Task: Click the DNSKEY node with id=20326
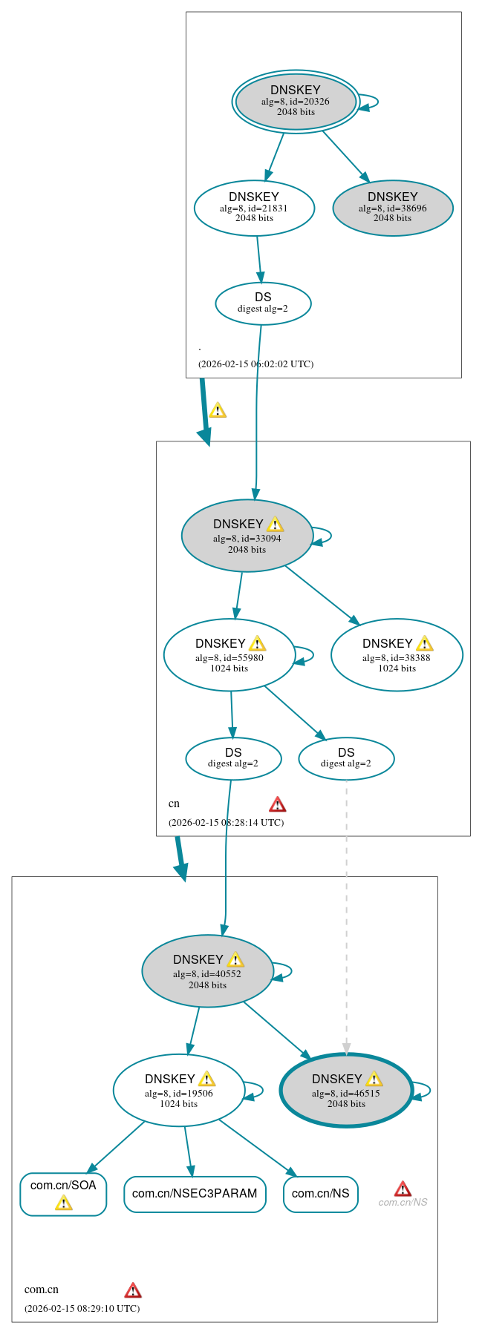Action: [296, 102]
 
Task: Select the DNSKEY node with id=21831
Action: [254, 208]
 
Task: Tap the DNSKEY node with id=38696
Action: [392, 208]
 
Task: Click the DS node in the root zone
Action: [263, 303]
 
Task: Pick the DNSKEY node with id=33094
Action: [247, 536]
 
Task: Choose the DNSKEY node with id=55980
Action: [229, 655]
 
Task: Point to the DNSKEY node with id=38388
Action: [397, 655]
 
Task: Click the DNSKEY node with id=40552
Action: [207, 971]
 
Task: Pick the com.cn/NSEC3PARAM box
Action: [195, 1194]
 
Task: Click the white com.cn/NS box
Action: [320, 1194]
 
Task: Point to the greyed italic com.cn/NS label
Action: [403, 1203]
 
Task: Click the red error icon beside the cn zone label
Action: [277, 804]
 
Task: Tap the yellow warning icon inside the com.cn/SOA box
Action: [64, 1203]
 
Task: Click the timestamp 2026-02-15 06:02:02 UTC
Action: [255, 364]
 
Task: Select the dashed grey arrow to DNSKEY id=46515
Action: [346, 913]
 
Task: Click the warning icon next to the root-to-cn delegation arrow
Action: [218, 410]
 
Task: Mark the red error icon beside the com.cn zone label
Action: [133, 1290]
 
